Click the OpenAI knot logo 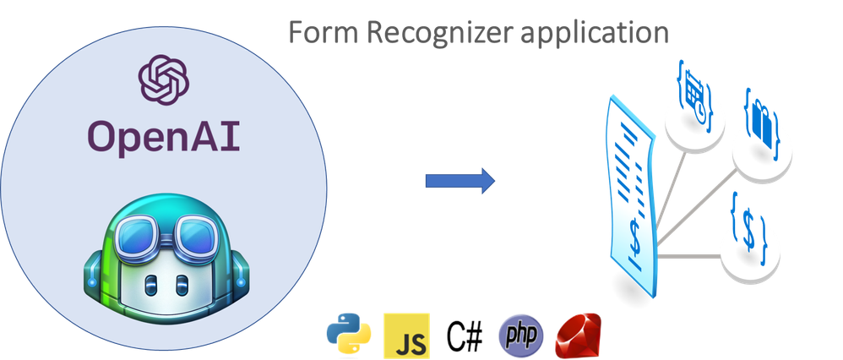point(163,80)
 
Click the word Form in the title point(324,32)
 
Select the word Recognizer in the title point(443,33)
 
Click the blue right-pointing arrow point(460,181)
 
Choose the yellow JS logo point(406,335)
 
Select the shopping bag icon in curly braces point(763,123)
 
